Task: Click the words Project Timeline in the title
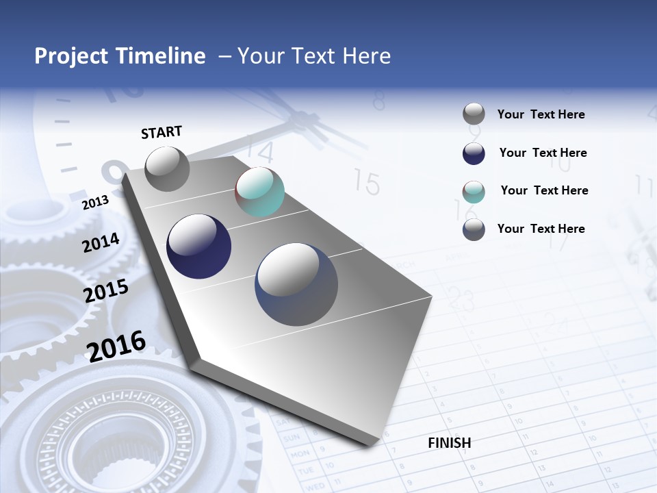(120, 56)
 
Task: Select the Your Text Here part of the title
(314, 56)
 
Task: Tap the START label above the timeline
(162, 132)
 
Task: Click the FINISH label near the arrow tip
(450, 443)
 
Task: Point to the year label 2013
(95, 203)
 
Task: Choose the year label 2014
(101, 243)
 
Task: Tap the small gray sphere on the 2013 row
(167, 168)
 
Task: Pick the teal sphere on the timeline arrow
(259, 192)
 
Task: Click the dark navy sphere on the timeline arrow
(198, 246)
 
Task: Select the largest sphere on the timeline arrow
(296, 284)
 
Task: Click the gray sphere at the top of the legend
(474, 114)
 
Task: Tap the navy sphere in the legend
(474, 153)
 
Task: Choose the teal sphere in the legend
(474, 192)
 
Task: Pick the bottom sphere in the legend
(474, 229)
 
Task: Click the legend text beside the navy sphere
(543, 153)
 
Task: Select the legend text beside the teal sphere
(544, 190)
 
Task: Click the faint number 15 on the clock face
(367, 183)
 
